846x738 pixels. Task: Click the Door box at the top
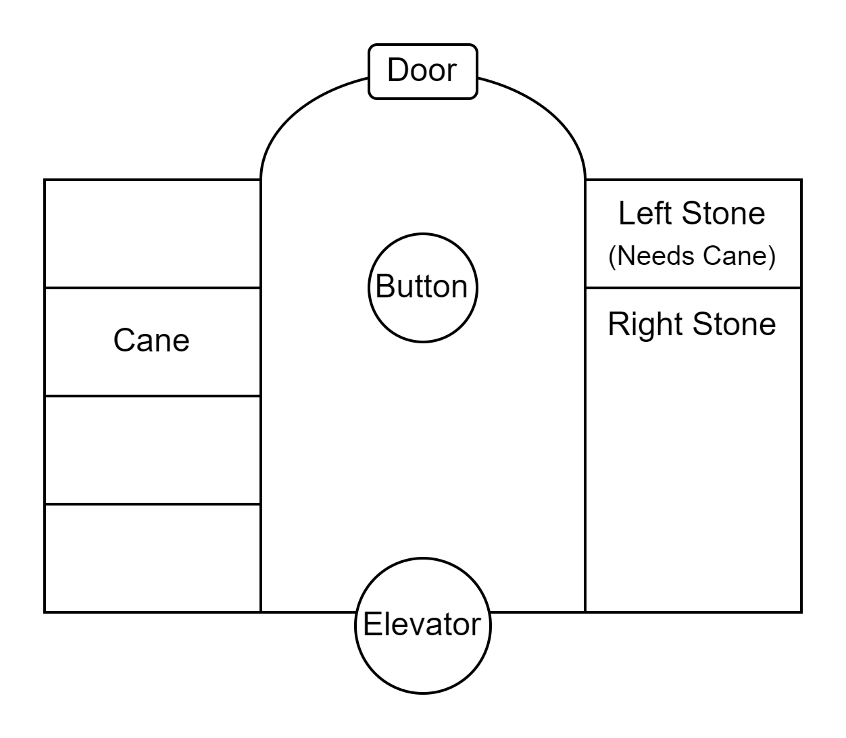tap(423, 72)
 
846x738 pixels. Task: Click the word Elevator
tap(423, 624)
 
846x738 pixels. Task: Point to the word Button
tap(422, 287)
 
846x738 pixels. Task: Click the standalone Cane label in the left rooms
tap(151, 340)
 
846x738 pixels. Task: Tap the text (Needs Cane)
tap(692, 257)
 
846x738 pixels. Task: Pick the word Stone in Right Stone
tap(734, 324)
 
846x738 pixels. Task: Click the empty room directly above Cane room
tap(153, 234)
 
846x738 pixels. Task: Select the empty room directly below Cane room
tap(153, 450)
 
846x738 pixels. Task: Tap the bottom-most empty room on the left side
tap(153, 558)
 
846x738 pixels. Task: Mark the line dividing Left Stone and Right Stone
tap(693, 288)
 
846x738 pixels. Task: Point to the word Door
tap(422, 70)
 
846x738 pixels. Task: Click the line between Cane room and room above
tap(153, 288)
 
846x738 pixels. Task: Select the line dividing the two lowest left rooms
tap(153, 504)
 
